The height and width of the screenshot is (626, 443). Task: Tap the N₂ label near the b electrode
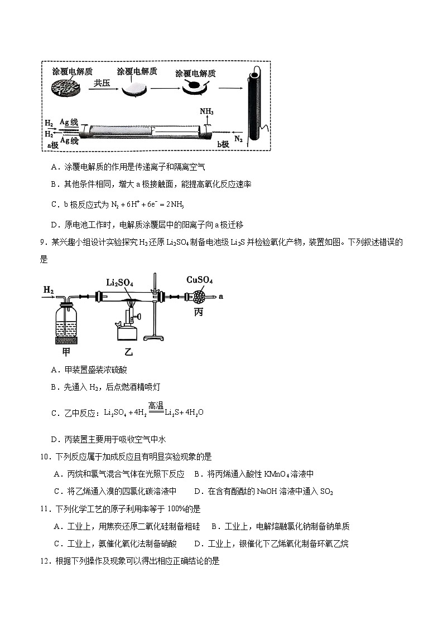pyautogui.click(x=238, y=138)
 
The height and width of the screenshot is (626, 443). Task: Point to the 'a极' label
pyautogui.click(x=52, y=144)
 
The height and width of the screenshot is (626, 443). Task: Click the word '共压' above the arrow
pyautogui.click(x=102, y=83)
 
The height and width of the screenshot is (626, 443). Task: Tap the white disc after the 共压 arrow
pyautogui.click(x=136, y=89)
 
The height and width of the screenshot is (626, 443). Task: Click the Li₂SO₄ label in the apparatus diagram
pyautogui.click(x=119, y=283)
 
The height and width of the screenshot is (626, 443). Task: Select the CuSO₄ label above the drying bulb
pyautogui.click(x=199, y=280)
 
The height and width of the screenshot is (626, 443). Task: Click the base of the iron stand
pyautogui.click(x=158, y=338)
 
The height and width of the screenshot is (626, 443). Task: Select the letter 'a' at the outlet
pyautogui.click(x=221, y=297)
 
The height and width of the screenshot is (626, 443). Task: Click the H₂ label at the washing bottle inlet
pyautogui.click(x=49, y=290)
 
